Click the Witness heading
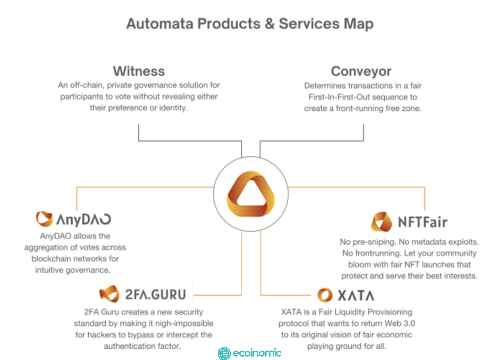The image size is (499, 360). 139,71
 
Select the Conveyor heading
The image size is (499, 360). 361,71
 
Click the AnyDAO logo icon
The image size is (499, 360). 44,219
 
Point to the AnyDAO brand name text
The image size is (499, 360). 84,219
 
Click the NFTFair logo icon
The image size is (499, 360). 382,222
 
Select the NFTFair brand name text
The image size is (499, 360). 422,223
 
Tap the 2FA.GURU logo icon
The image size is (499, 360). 109,294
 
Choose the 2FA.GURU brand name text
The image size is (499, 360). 154,295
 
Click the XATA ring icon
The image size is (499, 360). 325,295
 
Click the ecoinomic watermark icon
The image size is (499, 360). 225,353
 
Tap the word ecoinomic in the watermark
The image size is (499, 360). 257,353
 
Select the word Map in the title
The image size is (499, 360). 359,24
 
